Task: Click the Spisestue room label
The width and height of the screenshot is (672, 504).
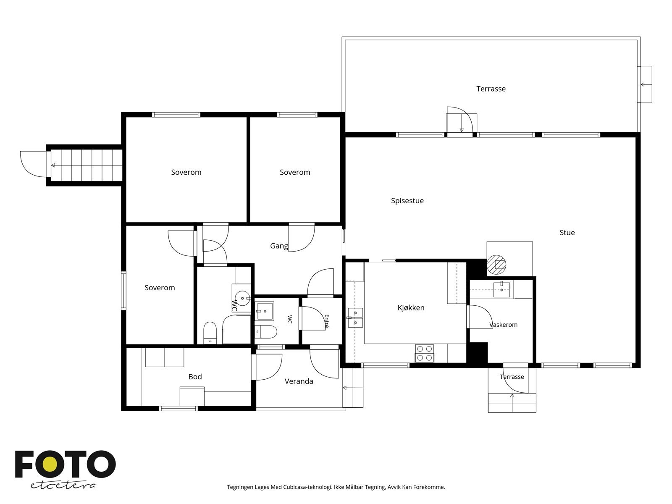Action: [x=407, y=201]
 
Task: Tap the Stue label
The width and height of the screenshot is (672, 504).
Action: [x=567, y=233]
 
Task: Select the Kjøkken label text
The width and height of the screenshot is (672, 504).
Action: [x=411, y=307]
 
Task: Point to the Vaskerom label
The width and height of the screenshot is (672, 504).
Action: [x=503, y=325]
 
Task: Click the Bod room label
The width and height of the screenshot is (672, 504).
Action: [x=195, y=377]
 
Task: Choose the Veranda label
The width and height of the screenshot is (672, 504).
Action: [x=299, y=381]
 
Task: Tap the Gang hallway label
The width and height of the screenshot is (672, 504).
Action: [x=279, y=246]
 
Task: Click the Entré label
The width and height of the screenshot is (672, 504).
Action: [x=327, y=322]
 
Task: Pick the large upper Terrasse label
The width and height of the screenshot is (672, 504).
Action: [x=491, y=89]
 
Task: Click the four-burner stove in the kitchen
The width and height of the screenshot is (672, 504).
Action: [x=424, y=354]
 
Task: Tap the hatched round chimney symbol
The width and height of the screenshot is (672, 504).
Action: [x=496, y=265]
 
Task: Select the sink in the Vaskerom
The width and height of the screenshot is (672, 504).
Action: [x=501, y=289]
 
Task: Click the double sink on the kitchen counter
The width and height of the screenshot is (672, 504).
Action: [x=355, y=318]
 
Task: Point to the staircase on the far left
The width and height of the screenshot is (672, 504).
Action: [x=87, y=165]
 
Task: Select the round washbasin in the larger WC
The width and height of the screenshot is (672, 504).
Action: [x=242, y=298]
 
